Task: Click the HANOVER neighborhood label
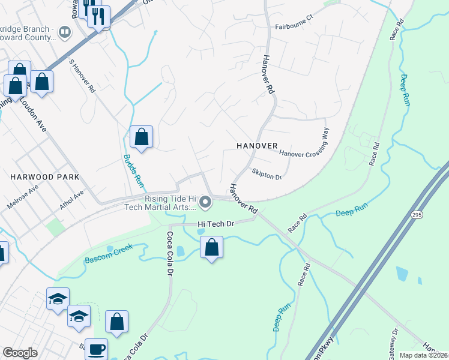click(x=256, y=146)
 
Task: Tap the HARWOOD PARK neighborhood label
click(x=37, y=177)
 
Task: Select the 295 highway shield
click(x=416, y=214)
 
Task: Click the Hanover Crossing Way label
click(x=305, y=147)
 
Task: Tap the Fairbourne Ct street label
click(x=294, y=27)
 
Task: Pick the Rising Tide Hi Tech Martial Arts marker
click(x=206, y=203)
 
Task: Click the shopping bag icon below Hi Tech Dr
click(x=211, y=248)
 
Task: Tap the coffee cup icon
click(x=96, y=349)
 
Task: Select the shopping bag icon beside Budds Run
click(x=141, y=137)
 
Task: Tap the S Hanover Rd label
click(x=83, y=76)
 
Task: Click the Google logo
click(x=20, y=353)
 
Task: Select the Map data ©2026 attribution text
click(x=424, y=355)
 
